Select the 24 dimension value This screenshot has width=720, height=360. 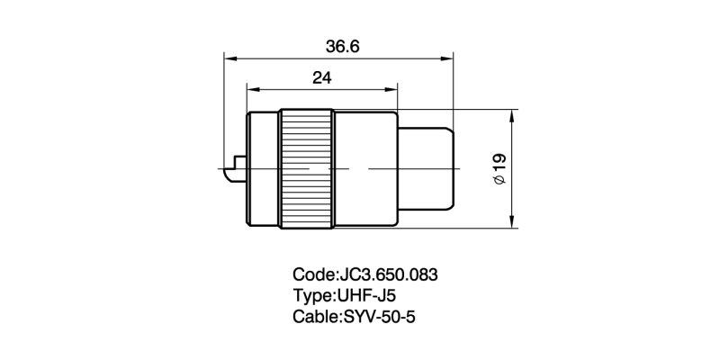[x=321, y=78]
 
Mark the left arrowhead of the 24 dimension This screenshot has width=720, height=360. [x=251, y=90]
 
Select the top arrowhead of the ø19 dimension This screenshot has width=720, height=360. [x=512, y=116]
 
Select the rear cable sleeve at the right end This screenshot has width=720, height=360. [x=427, y=168]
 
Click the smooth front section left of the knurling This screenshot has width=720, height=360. [x=262, y=168]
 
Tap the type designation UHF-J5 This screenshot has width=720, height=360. [x=365, y=295]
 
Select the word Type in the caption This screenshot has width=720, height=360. [x=311, y=295]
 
